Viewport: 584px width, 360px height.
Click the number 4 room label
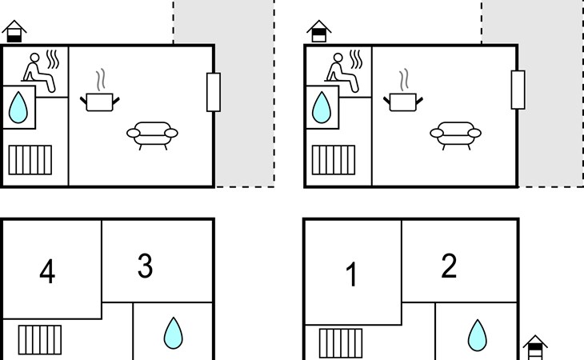[x=47, y=271]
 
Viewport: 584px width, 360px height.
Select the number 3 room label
[x=146, y=266]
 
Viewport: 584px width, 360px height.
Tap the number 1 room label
[x=351, y=274]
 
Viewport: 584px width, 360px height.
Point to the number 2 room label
[x=449, y=266]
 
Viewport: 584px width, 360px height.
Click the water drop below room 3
[x=173, y=333]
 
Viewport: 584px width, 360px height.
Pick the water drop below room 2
[x=477, y=335]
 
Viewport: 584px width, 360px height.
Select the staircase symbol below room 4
[x=40, y=340]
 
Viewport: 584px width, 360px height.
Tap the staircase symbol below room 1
[x=341, y=343]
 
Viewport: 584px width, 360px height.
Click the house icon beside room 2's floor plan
[x=535, y=347]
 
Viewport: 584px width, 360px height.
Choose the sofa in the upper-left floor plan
[x=152, y=135]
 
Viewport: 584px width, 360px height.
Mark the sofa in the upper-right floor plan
[x=455, y=135]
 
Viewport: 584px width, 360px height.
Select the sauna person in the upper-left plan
[x=39, y=72]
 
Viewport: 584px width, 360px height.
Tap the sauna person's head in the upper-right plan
[x=338, y=58]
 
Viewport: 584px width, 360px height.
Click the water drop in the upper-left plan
[x=18, y=107]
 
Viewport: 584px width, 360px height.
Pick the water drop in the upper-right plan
[x=322, y=107]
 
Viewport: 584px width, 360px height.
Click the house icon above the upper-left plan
[x=14, y=31]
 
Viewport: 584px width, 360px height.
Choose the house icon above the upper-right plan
[x=319, y=31]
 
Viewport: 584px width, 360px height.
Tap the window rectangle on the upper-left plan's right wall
[x=214, y=92]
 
